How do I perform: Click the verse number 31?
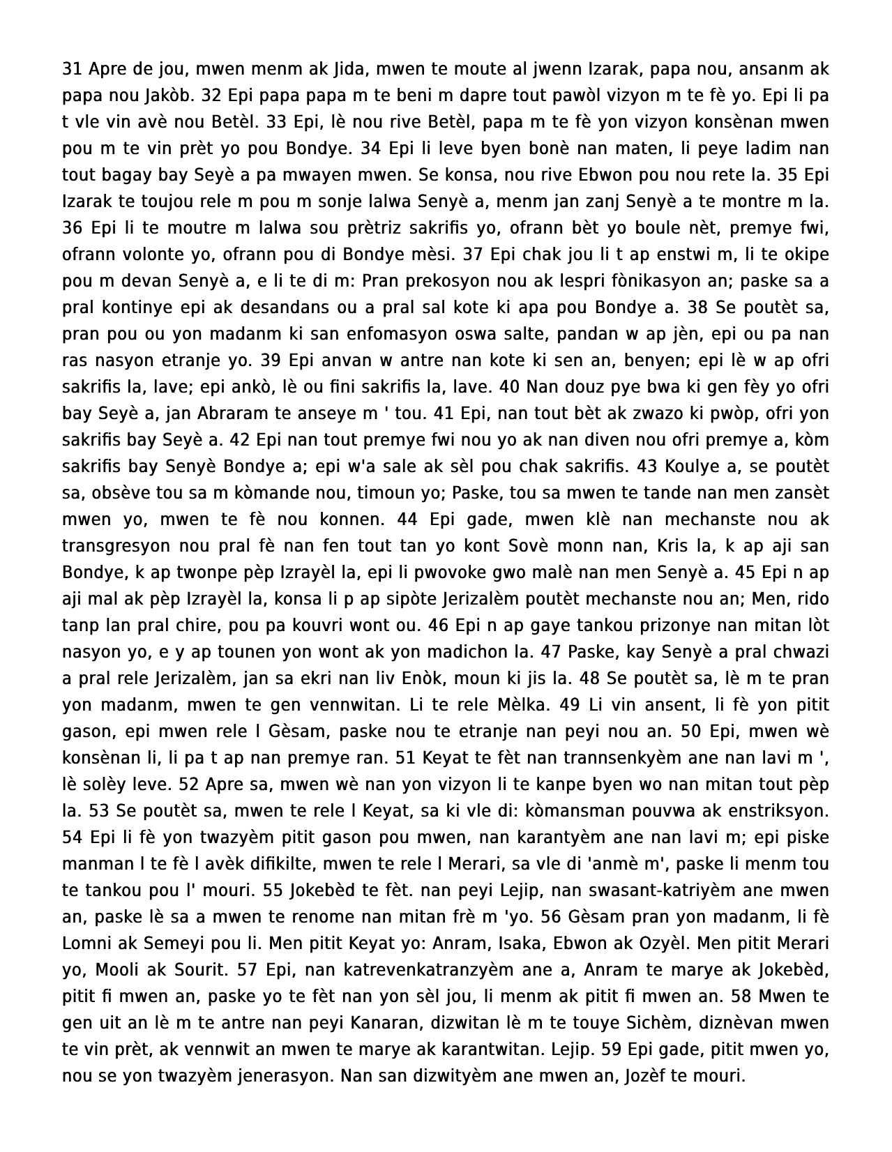[72, 68]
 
